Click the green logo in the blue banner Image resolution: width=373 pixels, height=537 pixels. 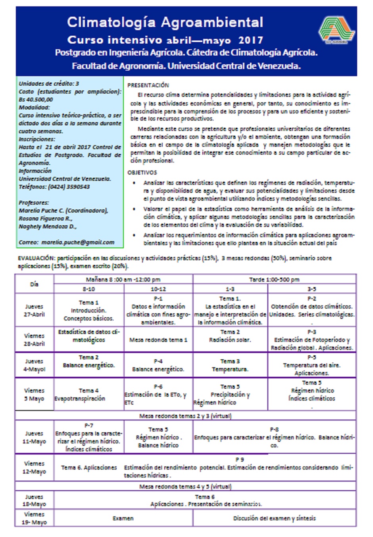(337, 30)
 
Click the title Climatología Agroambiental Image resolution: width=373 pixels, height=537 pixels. (165, 22)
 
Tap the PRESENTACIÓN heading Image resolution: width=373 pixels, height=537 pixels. (148, 85)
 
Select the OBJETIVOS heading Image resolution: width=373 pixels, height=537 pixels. (142, 173)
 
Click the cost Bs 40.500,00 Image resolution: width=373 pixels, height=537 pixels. (36, 100)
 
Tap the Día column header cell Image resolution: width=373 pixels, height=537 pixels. (35, 284)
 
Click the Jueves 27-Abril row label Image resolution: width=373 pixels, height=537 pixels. (35, 310)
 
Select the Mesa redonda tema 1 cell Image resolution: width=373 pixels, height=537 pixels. (158, 340)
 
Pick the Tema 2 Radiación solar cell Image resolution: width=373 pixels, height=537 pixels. (230, 336)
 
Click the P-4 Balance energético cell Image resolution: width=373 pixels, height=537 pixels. (158, 365)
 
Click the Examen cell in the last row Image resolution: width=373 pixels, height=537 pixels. (123, 518)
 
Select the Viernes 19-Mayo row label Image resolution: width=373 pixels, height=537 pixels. (35, 518)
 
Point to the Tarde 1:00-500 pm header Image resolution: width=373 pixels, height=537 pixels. (274, 280)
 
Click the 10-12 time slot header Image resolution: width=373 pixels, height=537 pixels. (158, 289)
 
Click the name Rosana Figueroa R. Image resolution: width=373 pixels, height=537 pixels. (46, 219)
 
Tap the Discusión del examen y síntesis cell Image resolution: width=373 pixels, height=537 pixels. (274, 518)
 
